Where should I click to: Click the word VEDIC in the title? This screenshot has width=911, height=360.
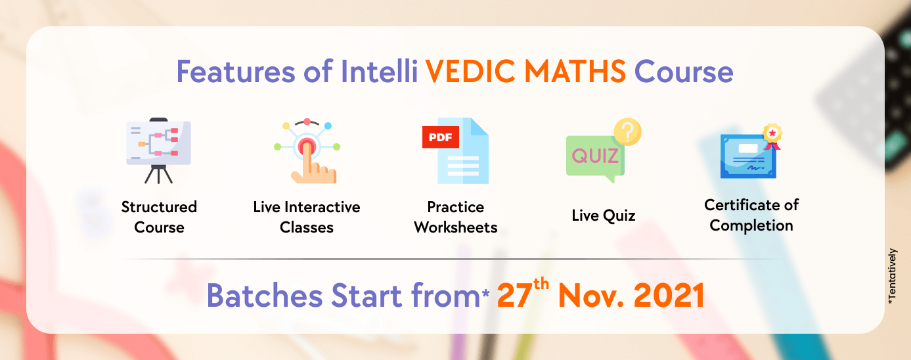click(470, 72)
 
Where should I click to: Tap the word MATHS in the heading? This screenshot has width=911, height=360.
click(575, 72)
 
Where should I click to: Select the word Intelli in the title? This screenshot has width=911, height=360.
click(379, 71)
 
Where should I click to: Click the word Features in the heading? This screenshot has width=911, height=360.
click(236, 72)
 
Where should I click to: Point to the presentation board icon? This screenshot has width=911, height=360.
click(158, 150)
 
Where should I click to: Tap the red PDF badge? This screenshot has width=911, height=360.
click(441, 137)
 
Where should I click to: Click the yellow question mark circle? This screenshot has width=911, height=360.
click(627, 131)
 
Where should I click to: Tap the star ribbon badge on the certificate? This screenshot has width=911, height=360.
click(772, 136)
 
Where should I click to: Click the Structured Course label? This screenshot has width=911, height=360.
click(159, 217)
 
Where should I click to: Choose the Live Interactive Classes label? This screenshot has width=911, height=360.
click(307, 217)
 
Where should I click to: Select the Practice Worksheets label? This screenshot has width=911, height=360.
click(456, 217)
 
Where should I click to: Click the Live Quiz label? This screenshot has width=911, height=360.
click(603, 215)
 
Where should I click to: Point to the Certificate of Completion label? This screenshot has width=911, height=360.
click(751, 215)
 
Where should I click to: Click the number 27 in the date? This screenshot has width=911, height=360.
click(514, 296)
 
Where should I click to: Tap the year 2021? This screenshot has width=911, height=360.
click(669, 296)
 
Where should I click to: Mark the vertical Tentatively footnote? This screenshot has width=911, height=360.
click(892, 277)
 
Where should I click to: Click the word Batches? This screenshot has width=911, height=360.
click(265, 296)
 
